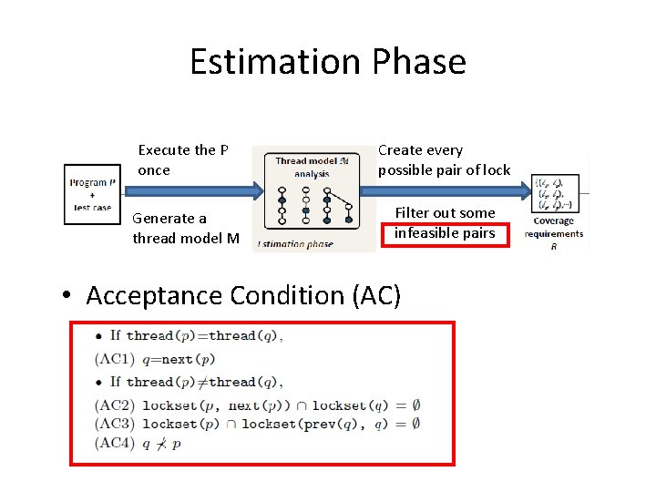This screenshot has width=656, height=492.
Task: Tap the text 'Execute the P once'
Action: [x=182, y=159]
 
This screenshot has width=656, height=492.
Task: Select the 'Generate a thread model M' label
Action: [x=186, y=228]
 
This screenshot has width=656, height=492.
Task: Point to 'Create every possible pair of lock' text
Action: [x=444, y=159]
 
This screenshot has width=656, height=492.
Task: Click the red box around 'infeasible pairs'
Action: [x=445, y=233]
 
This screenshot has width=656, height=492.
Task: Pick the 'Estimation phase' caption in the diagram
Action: [x=296, y=243]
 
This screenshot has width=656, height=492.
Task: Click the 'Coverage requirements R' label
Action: [x=553, y=232]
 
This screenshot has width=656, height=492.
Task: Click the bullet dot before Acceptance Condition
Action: [x=67, y=296]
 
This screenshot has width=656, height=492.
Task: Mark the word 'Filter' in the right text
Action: [x=413, y=213]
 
